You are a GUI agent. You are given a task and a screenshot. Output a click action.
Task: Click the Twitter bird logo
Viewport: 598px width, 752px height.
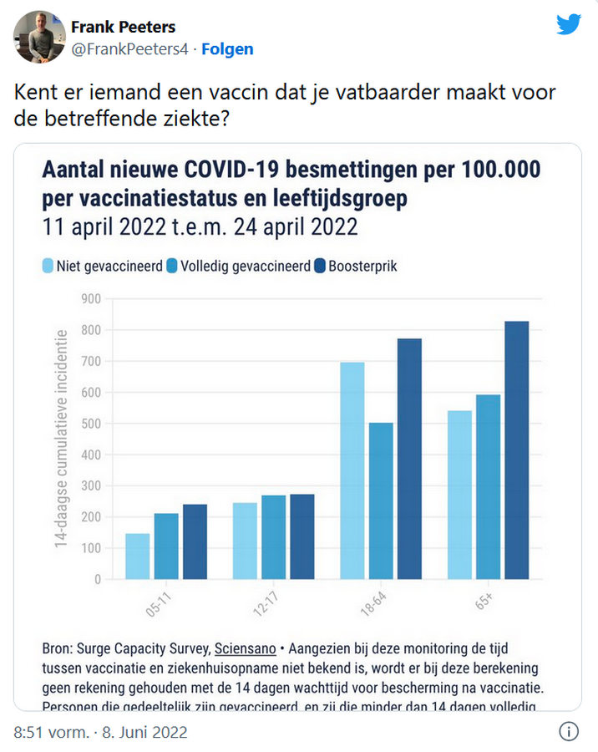pyautogui.click(x=569, y=25)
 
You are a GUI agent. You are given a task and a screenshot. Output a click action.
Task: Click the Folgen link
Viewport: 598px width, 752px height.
pyautogui.click(x=227, y=49)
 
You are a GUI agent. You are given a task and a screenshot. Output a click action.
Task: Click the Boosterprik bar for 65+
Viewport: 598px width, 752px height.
pyautogui.click(x=516, y=450)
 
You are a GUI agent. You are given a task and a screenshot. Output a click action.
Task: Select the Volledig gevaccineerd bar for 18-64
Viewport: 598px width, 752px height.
pyautogui.click(x=381, y=500)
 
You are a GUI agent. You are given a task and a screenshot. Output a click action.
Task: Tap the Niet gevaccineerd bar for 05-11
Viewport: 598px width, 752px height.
pyautogui.click(x=138, y=556)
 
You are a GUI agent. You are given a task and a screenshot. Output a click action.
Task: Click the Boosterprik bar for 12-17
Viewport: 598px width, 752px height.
pyautogui.click(x=302, y=536)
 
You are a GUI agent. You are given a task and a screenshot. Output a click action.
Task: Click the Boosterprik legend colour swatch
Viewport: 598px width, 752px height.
pyautogui.click(x=318, y=267)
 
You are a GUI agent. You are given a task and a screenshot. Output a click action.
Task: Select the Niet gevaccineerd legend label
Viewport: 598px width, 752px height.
pyautogui.click(x=109, y=267)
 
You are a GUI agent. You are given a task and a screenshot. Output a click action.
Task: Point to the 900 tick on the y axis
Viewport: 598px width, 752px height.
pyautogui.click(x=90, y=298)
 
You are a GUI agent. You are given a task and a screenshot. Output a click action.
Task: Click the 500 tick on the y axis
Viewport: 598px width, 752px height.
pyautogui.click(x=90, y=423)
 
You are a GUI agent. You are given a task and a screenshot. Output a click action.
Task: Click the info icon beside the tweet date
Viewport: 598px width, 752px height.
pyautogui.click(x=569, y=732)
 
